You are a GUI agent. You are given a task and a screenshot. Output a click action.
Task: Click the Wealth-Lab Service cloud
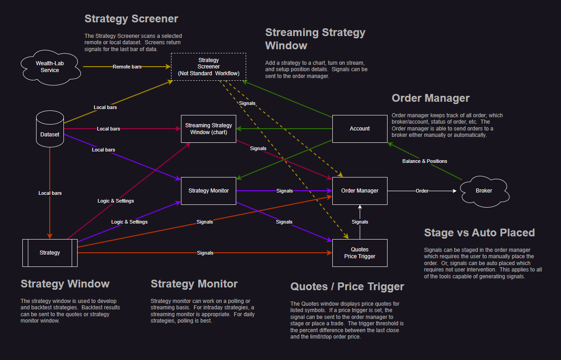pos(50,67)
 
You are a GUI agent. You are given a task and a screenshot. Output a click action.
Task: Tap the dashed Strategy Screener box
pos(209,67)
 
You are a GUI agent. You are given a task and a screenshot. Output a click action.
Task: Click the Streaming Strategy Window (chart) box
pos(209,129)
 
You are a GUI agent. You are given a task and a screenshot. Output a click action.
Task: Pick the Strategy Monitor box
pos(209,191)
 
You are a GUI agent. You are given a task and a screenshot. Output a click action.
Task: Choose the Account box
pos(360,129)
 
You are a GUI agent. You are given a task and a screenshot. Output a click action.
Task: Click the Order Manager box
pos(360,191)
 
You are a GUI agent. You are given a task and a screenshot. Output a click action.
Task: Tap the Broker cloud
pos(484,191)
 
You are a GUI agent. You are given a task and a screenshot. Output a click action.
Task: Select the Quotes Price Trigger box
pos(360,253)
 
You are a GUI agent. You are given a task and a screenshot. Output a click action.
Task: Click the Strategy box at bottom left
pos(50,253)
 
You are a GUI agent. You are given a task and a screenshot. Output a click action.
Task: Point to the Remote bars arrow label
pos(127,67)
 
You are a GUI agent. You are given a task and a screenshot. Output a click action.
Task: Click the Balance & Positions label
pos(425,161)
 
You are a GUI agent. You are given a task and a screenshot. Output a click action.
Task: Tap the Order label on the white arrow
pos(422,191)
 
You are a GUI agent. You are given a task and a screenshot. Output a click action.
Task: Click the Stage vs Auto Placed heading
pos(479,233)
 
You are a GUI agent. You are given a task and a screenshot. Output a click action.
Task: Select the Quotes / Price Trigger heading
pos(347,287)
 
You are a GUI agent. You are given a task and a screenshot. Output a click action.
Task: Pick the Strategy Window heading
pos(65,284)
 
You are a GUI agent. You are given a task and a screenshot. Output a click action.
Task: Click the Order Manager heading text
pos(430,98)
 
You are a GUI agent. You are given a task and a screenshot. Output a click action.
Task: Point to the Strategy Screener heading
pos(131,19)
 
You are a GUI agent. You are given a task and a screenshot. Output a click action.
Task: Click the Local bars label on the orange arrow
pos(50,193)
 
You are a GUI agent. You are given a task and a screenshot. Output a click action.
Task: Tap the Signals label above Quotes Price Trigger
pos(360,222)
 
